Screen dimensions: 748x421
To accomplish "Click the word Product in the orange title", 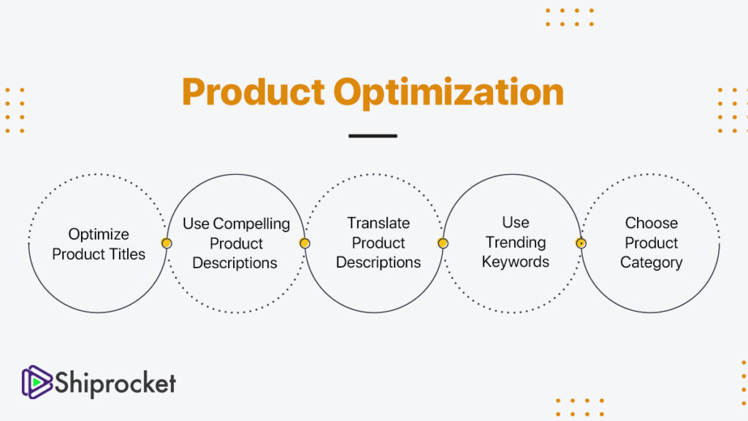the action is click(253, 91).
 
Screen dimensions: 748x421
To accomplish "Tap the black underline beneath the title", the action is click(373, 136).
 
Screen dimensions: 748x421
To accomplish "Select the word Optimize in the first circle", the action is click(99, 235).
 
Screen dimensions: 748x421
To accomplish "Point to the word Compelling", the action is click(251, 224).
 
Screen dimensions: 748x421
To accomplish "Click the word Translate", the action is click(378, 223).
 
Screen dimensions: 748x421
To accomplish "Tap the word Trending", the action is click(516, 243).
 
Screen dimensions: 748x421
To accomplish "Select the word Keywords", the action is click(515, 262).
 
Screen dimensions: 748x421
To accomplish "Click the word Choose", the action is click(651, 223).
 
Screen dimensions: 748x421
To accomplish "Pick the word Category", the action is click(651, 263).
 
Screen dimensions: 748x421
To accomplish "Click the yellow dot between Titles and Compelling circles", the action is click(167, 243).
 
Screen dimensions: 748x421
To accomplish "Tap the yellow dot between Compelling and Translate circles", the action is click(305, 243).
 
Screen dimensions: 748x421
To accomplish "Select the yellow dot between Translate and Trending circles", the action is click(443, 243).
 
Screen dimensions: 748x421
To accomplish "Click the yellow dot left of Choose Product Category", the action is click(581, 243).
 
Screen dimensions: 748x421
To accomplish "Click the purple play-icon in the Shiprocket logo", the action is click(37, 382).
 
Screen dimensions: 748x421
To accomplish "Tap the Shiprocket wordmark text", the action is click(115, 383).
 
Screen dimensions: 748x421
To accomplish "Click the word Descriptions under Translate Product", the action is click(378, 262).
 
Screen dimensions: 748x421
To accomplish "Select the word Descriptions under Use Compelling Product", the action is click(234, 263).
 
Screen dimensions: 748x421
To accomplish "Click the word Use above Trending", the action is click(516, 222).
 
